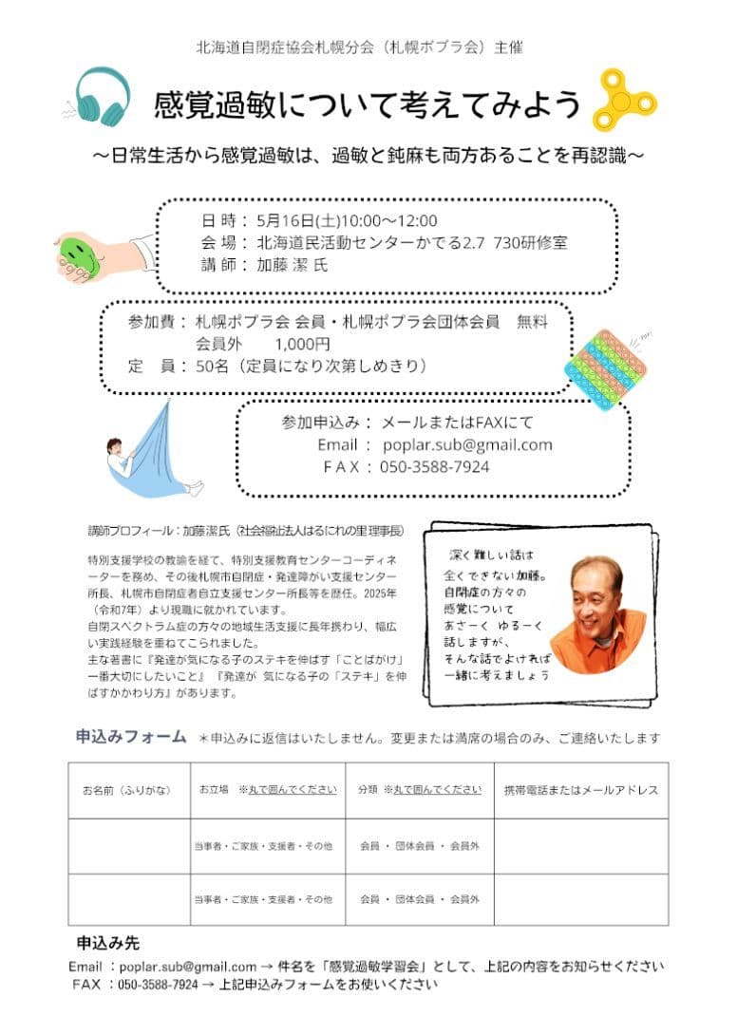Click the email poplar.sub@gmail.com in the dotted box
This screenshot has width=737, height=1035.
tap(466, 444)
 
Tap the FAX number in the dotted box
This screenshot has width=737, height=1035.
tap(434, 466)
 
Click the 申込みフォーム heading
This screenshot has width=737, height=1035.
tap(131, 737)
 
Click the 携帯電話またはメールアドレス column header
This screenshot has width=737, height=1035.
tap(581, 790)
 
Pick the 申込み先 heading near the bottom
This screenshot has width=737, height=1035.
tap(107, 943)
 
